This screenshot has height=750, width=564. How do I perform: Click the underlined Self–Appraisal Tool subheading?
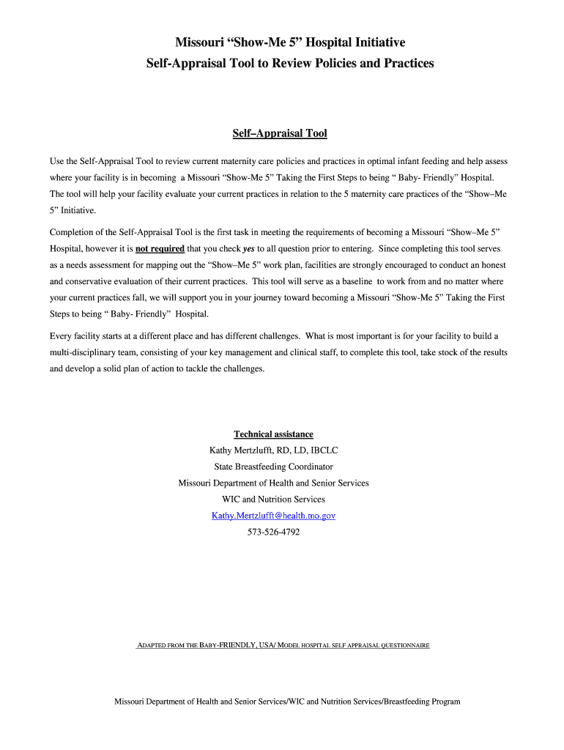pos(279,133)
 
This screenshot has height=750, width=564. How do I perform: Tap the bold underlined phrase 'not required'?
pos(160,248)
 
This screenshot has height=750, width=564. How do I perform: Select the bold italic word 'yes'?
pos(248,248)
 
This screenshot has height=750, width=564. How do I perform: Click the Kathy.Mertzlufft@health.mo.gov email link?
pos(273,516)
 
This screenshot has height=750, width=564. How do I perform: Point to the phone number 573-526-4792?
pos(273,532)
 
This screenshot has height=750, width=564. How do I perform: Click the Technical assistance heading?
pos(273,434)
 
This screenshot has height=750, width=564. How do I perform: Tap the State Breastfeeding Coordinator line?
pos(273,467)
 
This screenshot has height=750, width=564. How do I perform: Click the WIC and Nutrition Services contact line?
pos(273,500)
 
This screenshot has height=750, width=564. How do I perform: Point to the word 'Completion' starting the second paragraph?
pos(72,232)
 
